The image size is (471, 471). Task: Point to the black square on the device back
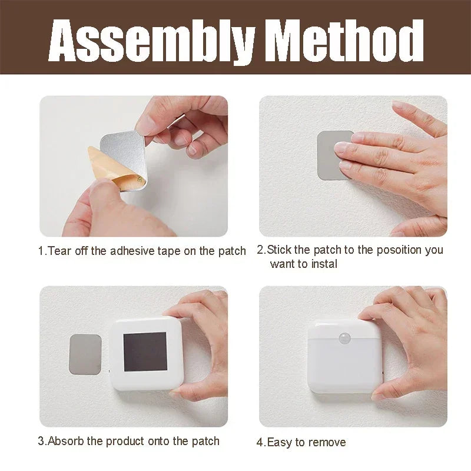[x=145, y=351]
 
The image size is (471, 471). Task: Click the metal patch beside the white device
[x=85, y=354]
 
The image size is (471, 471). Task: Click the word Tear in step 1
[x=59, y=251]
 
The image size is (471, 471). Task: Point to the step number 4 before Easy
[x=260, y=442]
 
